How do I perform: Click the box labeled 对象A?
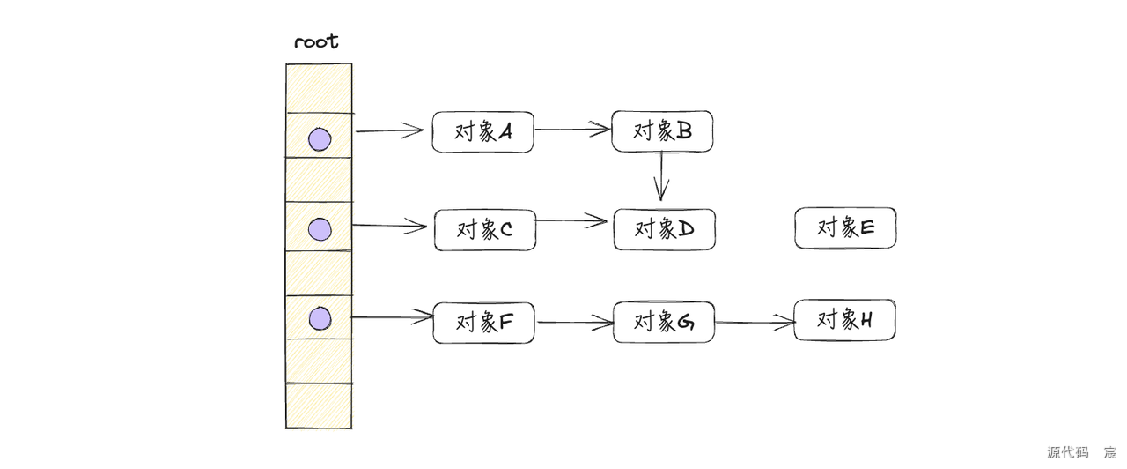[482, 132]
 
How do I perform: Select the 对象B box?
[662, 130]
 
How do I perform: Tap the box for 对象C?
[484, 230]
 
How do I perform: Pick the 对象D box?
[664, 229]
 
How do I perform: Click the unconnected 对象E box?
[845, 227]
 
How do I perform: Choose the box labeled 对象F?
[484, 323]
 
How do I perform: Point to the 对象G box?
[664, 322]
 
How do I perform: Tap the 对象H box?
[844, 320]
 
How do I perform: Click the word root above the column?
[316, 42]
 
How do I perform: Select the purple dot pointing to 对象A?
[320, 139]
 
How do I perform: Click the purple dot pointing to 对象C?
[320, 230]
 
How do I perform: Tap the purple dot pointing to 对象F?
[320, 318]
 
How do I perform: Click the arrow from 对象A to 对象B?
[572, 130]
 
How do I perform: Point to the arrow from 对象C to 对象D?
[572, 220]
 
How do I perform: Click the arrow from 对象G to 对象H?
[755, 323]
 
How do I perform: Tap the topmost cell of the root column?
[319, 88]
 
